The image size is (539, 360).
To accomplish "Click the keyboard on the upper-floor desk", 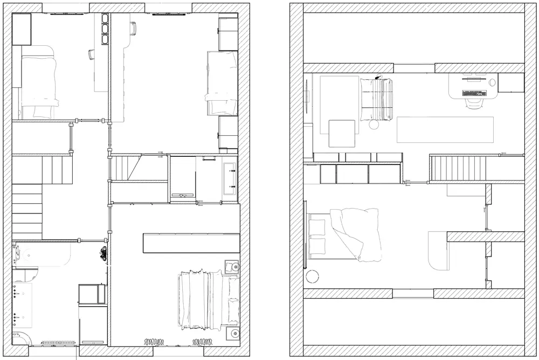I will [475, 93].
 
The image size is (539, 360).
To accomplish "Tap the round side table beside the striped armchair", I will [374, 124].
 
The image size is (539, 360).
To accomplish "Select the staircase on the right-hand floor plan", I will [458, 168].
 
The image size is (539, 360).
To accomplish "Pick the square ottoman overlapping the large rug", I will [342, 133].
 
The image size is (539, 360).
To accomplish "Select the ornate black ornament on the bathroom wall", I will [102, 253].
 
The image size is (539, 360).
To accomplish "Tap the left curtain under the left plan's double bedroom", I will [153, 341].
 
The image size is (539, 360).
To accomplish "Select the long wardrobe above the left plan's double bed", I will [191, 243].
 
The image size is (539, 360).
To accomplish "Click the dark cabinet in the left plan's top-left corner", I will [22, 29].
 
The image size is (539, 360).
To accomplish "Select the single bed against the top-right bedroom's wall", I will [222, 83].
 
